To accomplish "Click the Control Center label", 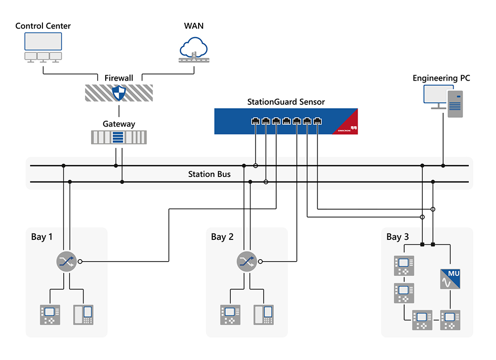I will click(x=43, y=26).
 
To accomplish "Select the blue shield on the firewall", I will click(x=119, y=92).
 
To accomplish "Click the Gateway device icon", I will click(x=119, y=137).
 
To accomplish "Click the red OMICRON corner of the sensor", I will click(x=348, y=127).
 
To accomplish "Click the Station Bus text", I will click(x=209, y=174).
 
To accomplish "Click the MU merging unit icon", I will click(x=451, y=279).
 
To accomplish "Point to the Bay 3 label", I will click(x=398, y=237).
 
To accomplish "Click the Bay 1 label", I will click(x=42, y=237).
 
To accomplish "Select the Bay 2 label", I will click(x=222, y=237).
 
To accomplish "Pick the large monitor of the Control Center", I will click(x=43, y=41).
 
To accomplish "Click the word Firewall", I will click(x=119, y=78).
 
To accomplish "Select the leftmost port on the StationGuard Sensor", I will click(x=255, y=121).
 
